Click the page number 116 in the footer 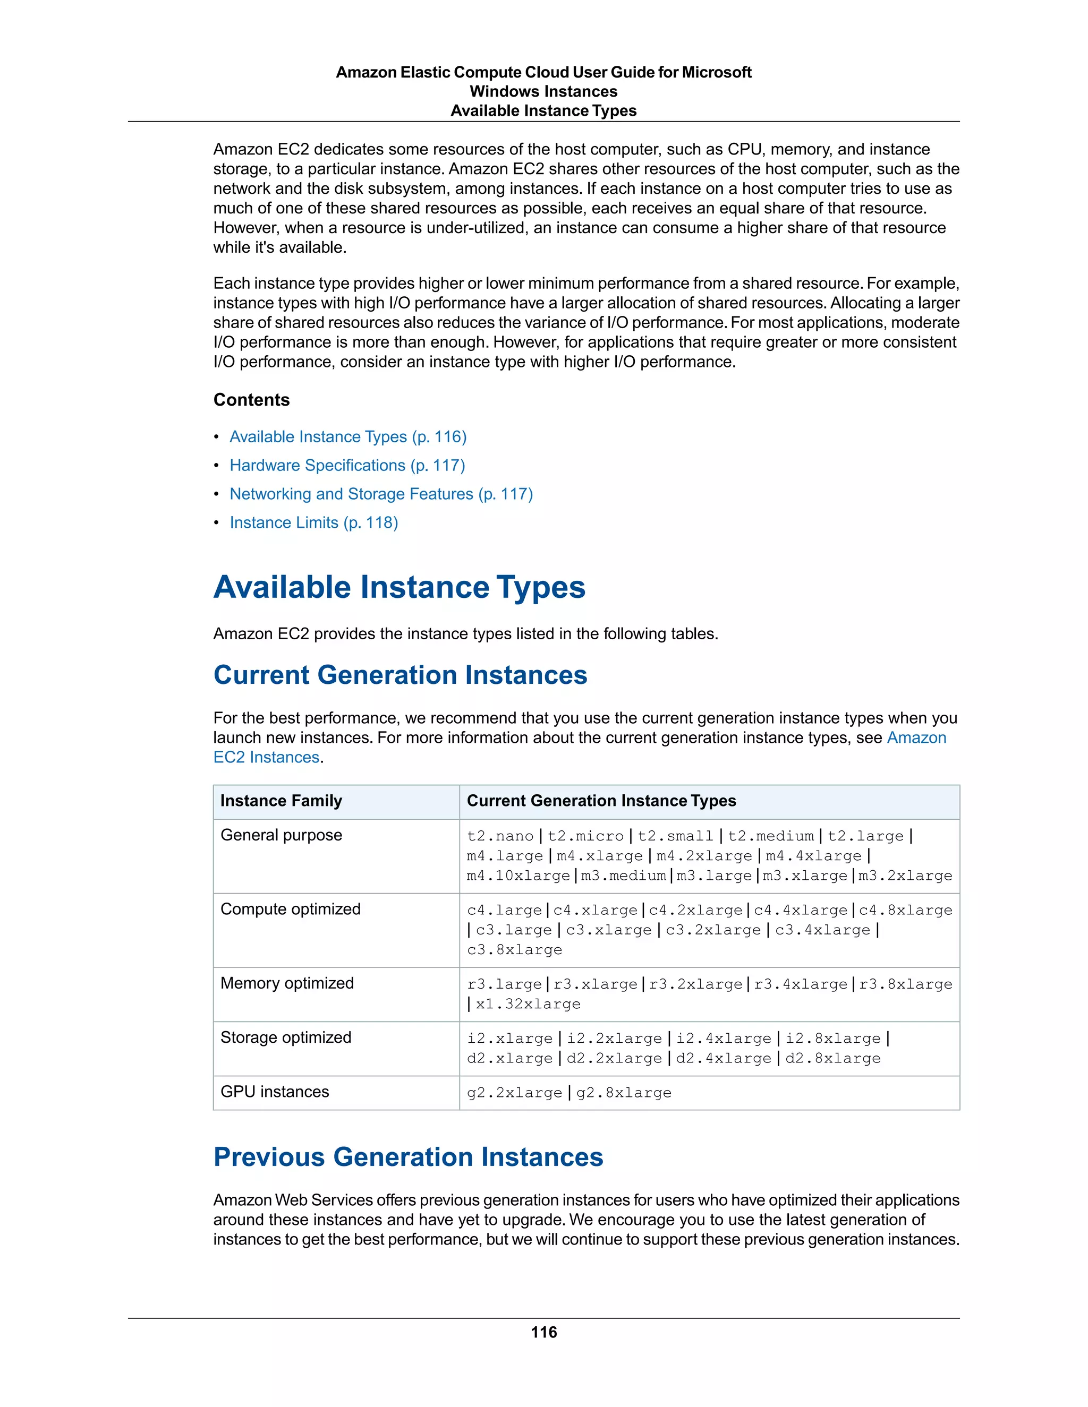click(x=543, y=1332)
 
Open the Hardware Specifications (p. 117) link click(x=347, y=465)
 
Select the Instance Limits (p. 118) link click(x=313, y=522)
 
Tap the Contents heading click(x=251, y=400)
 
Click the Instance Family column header click(x=281, y=801)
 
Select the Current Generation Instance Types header click(x=601, y=801)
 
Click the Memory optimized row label click(x=287, y=984)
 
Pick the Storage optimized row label click(x=285, y=1038)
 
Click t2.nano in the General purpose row click(x=500, y=836)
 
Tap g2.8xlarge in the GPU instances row click(x=623, y=1093)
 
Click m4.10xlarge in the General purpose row click(x=518, y=876)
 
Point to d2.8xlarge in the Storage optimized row click(x=832, y=1059)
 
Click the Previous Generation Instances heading click(x=408, y=1157)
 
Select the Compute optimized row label click(x=290, y=910)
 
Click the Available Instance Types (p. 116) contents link click(x=347, y=437)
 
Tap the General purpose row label click(x=281, y=836)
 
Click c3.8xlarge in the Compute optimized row click(x=514, y=950)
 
